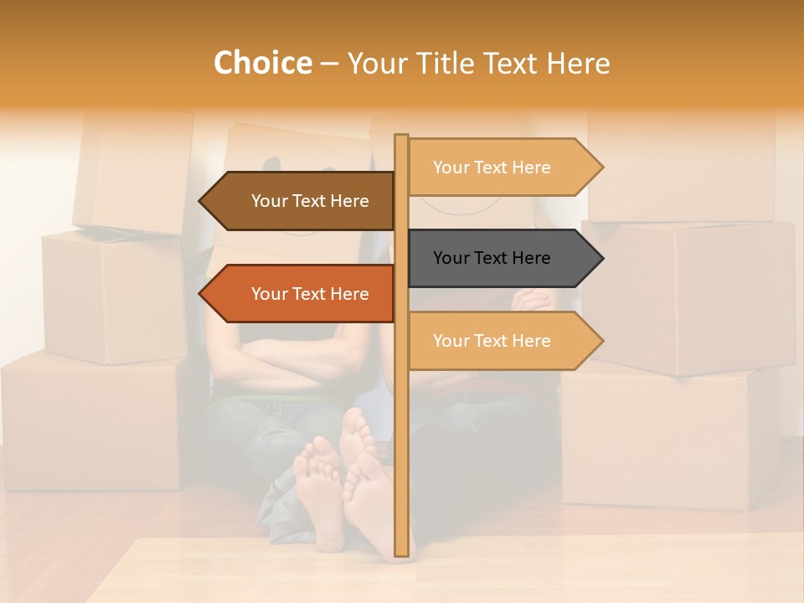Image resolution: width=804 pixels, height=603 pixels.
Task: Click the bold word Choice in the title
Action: click(262, 63)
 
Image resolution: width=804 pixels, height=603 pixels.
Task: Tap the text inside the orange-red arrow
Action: click(310, 294)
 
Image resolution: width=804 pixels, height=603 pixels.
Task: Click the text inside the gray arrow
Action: click(492, 258)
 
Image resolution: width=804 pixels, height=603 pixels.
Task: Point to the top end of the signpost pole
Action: click(401, 137)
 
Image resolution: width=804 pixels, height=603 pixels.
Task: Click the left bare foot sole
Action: click(319, 486)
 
